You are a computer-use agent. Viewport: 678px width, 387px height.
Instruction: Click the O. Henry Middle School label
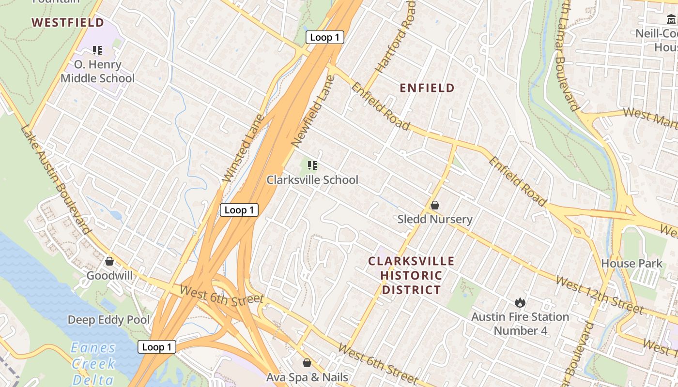[x=97, y=71]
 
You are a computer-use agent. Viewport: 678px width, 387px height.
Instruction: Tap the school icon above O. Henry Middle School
[x=97, y=50]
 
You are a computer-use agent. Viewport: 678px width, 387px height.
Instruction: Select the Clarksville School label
[x=312, y=180]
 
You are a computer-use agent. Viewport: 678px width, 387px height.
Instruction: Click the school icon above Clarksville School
[x=312, y=165]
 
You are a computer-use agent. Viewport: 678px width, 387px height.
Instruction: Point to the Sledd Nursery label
[x=434, y=219]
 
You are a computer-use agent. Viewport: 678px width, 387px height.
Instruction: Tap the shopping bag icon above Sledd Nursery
[x=435, y=205]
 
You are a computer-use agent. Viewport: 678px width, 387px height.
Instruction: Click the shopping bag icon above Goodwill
[x=109, y=261]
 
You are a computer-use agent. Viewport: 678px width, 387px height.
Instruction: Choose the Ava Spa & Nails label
[x=307, y=377]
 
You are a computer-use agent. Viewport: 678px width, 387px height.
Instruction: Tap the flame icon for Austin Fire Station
[x=520, y=303]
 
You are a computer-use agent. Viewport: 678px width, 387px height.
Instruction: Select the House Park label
[x=632, y=264]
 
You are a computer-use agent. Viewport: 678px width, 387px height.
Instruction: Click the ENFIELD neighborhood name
[x=427, y=88]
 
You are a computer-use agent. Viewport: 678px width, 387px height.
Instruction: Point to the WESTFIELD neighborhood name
[x=68, y=22]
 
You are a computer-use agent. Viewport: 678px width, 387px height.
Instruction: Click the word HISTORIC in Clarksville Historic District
[x=411, y=276]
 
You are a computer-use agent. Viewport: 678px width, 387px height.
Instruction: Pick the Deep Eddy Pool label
[x=108, y=320]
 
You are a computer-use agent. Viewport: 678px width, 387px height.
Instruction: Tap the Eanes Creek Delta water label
[x=93, y=363]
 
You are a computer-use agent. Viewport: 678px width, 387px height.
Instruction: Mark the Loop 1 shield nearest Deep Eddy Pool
[x=156, y=347]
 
